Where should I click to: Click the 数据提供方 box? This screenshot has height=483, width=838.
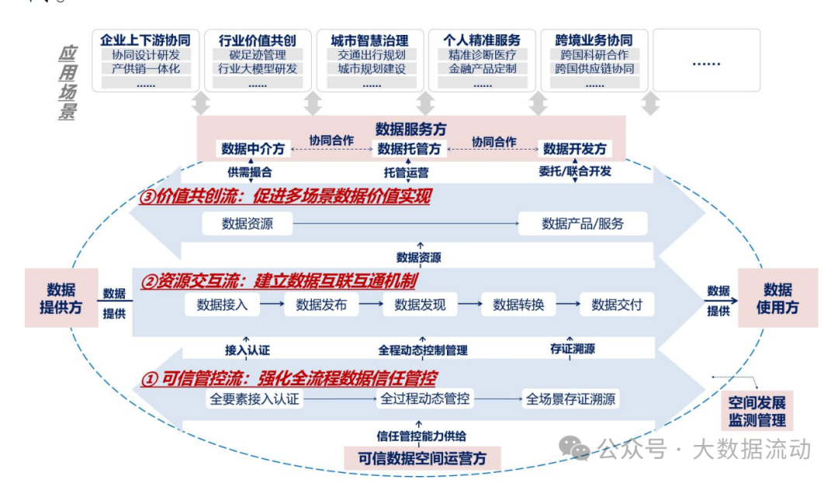tap(61, 298)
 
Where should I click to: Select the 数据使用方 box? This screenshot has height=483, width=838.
tap(777, 298)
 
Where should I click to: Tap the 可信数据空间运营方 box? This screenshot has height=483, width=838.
tap(422, 457)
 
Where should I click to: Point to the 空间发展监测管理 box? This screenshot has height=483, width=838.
tap(757, 412)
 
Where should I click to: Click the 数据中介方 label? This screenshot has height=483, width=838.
tap(254, 149)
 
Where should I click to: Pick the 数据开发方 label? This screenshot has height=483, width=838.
tap(574, 149)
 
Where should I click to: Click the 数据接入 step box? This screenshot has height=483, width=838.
tap(222, 305)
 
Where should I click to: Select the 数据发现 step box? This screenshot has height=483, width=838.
tap(420, 305)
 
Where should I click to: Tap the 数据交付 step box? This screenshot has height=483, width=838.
tap(617, 305)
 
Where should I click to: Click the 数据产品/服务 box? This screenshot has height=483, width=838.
tap(582, 224)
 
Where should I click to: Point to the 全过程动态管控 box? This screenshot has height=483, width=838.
tap(424, 399)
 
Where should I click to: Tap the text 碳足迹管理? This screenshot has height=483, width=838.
tap(258, 55)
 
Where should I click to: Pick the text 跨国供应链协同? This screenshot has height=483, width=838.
tap(594, 68)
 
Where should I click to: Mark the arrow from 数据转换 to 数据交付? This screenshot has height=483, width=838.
tap(568, 305)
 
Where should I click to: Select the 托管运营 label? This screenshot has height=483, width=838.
tap(406, 172)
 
